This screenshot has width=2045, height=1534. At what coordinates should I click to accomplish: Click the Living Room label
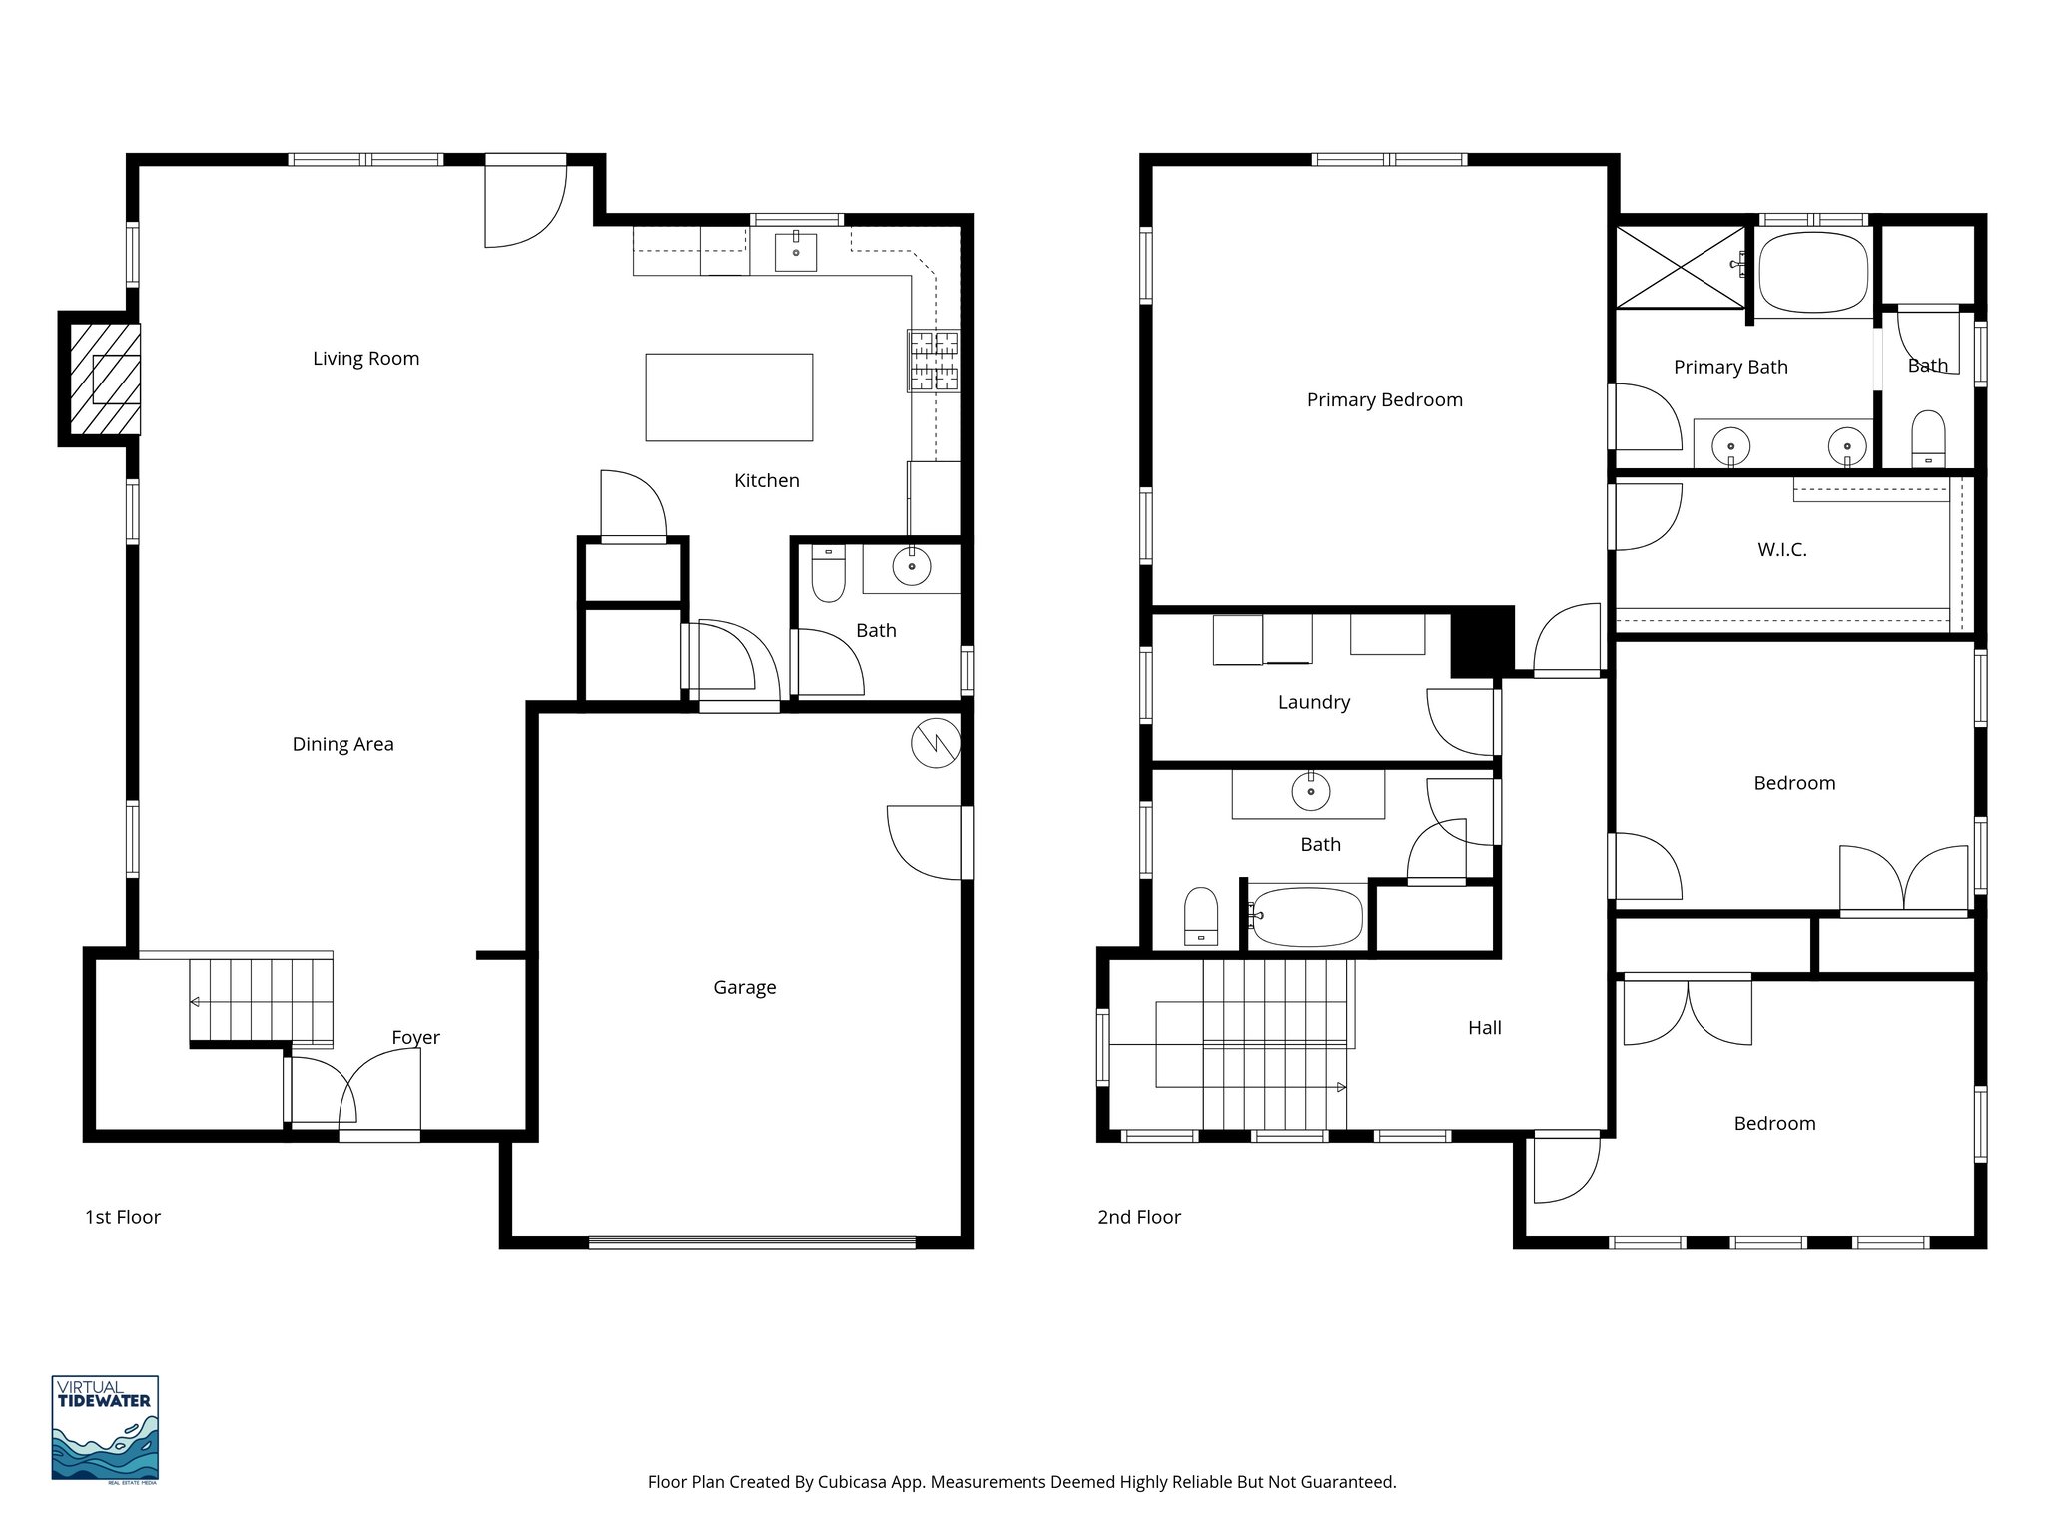[x=365, y=359]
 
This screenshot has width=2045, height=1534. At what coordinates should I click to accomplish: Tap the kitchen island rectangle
[x=729, y=396]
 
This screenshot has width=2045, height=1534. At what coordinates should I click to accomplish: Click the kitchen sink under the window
[x=796, y=252]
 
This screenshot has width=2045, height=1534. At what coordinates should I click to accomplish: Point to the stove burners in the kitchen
[x=933, y=361]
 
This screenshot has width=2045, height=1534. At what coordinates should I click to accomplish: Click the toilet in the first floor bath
[x=828, y=573]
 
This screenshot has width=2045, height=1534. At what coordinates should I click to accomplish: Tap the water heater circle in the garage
[x=936, y=743]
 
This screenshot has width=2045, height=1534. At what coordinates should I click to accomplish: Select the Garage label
[x=744, y=988]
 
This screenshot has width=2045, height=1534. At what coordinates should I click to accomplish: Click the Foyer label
[x=415, y=1038]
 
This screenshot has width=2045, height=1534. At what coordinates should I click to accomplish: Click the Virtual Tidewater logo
[x=105, y=1429]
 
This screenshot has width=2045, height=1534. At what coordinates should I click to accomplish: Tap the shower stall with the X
[x=1681, y=267]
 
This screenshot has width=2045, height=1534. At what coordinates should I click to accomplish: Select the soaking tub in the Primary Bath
[x=1812, y=273]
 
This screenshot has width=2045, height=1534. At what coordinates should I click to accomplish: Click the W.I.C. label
[x=1781, y=550]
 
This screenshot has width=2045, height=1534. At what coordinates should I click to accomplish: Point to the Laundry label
[x=1313, y=703]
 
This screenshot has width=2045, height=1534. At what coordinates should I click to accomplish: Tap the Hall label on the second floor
[x=1484, y=1028]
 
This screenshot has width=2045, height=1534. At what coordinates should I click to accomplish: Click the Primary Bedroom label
[x=1384, y=400]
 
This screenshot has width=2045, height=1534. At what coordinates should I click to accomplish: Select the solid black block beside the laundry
[x=1482, y=641]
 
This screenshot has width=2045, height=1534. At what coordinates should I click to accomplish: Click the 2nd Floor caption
[x=1138, y=1217]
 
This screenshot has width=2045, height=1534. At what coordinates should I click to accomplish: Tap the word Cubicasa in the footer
[x=855, y=1482]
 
